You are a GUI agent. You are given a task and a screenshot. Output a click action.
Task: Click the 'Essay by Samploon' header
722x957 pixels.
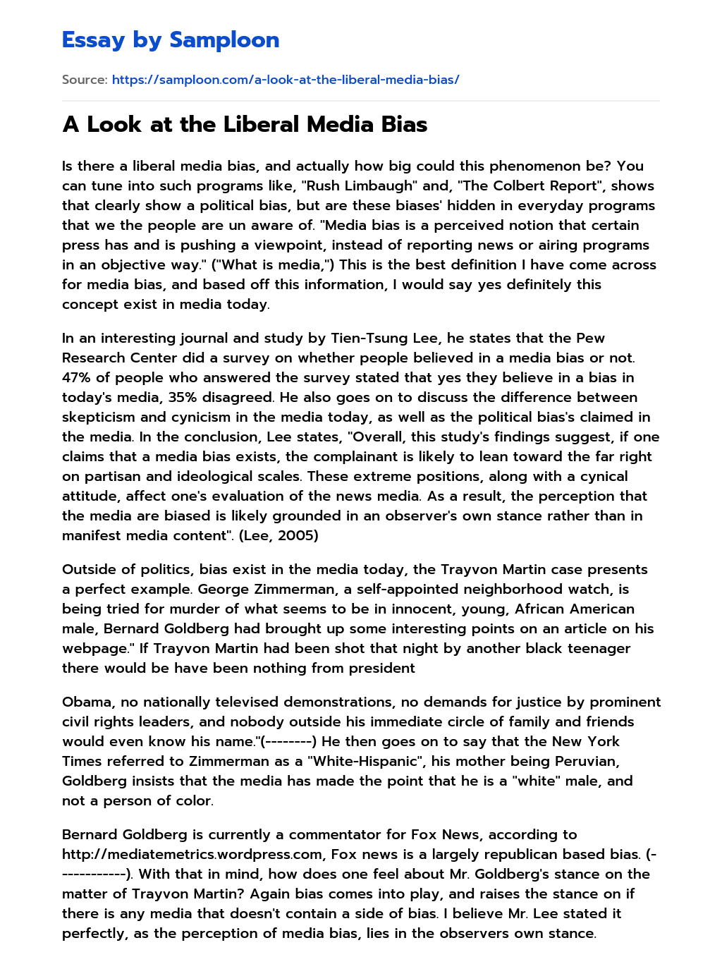click(171, 40)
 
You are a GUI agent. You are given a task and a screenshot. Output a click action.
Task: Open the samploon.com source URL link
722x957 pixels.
click(286, 80)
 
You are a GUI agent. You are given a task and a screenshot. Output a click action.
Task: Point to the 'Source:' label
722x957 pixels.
click(85, 80)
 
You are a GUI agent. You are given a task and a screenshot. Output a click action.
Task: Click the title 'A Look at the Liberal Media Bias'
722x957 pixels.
click(245, 124)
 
